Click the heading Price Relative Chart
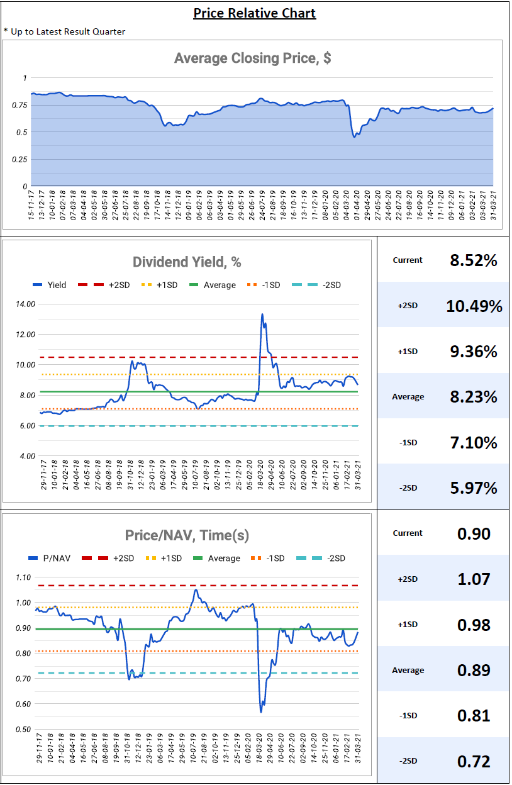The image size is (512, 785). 254,13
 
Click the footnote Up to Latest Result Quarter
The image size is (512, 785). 67,31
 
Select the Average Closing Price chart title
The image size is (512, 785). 252,58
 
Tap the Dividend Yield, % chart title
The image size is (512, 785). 187,262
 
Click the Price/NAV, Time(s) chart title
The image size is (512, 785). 187,535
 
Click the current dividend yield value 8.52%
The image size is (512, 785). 474,260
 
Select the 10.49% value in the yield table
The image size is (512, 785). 474,306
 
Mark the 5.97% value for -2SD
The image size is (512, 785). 474,487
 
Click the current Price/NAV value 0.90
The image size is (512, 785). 474,533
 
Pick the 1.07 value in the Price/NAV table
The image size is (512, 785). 474,579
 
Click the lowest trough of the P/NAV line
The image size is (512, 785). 260,711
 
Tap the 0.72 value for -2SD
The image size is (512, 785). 474,761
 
